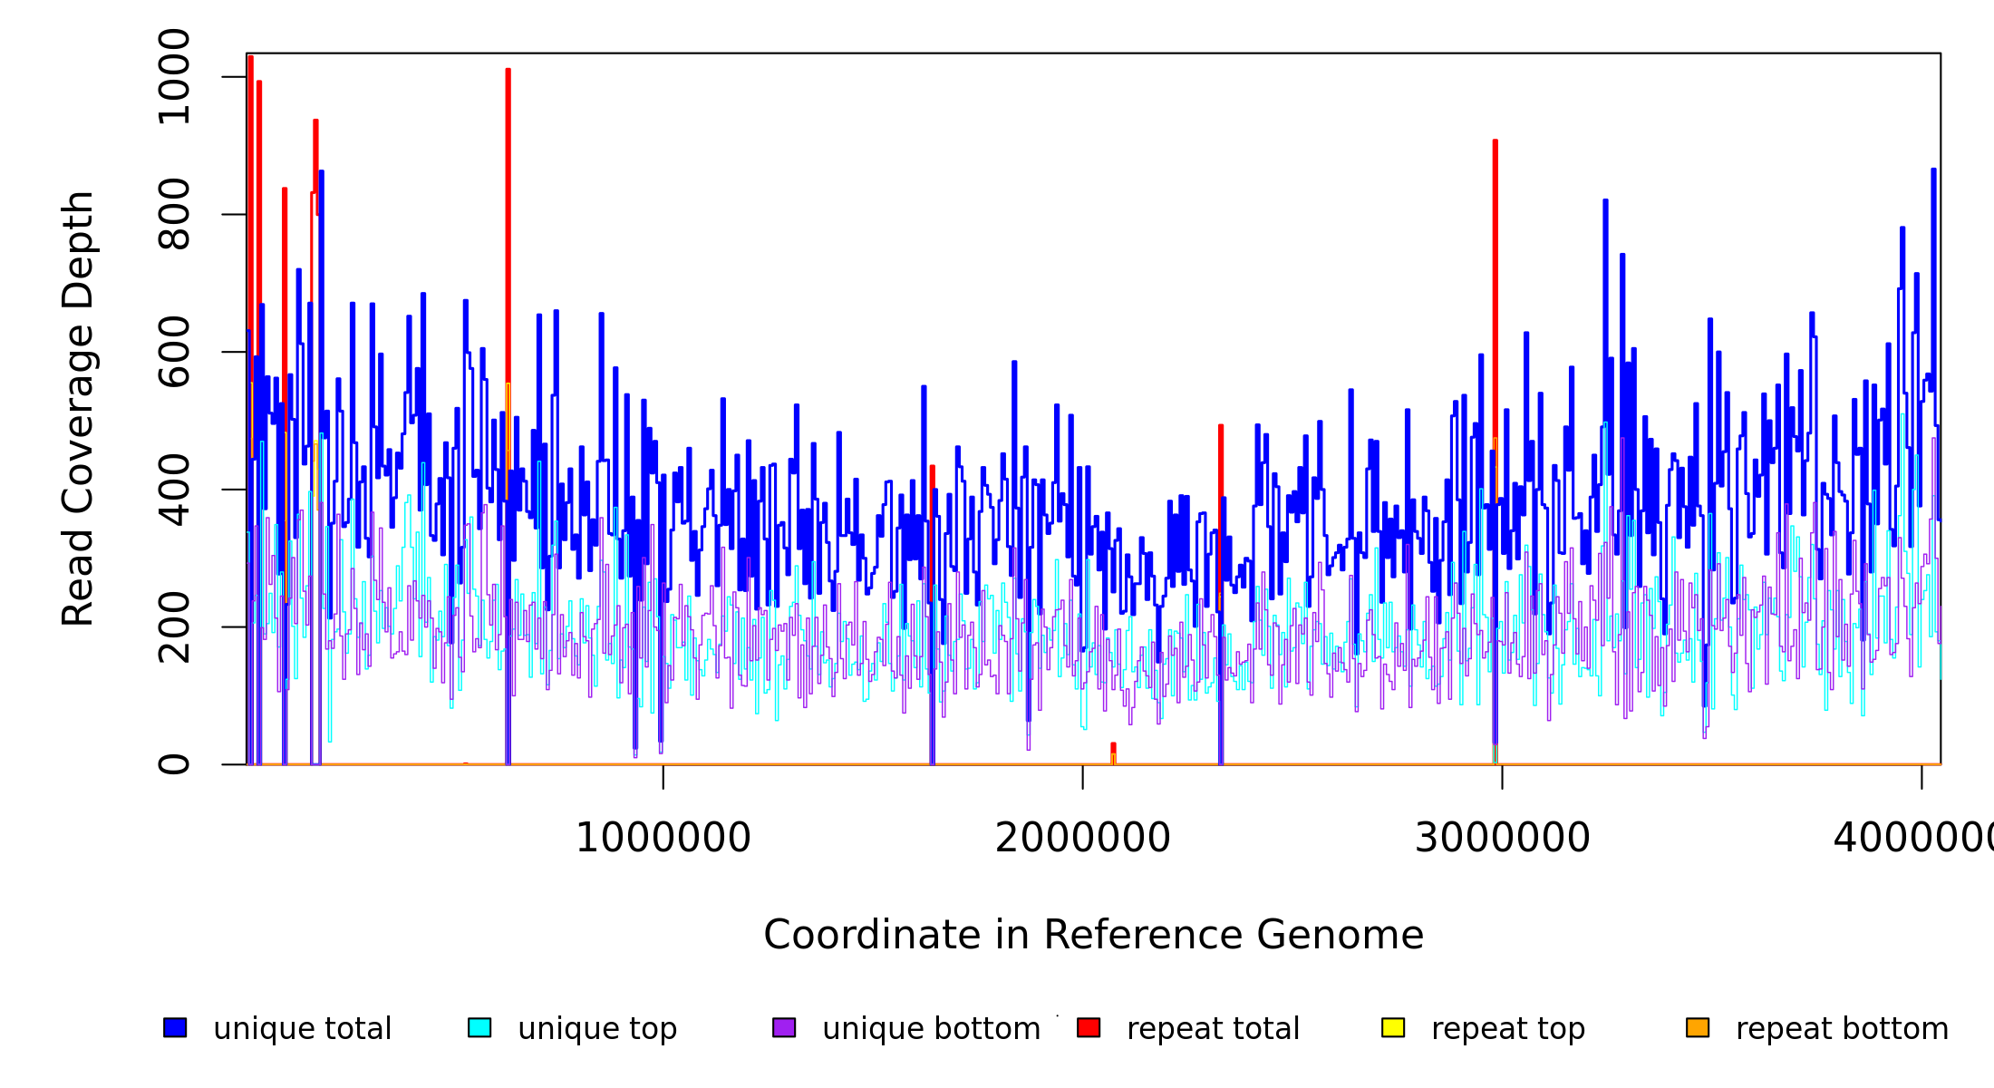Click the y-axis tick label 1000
(173, 77)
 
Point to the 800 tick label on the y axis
(173, 215)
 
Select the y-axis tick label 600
(173, 352)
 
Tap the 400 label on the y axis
(173, 490)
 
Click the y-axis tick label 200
(173, 627)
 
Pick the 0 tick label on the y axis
(173, 764)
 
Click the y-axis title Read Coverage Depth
(78, 409)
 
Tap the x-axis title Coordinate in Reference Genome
(1093, 936)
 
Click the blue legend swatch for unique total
(175, 1027)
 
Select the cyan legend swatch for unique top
(479, 1027)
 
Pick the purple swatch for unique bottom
(784, 1027)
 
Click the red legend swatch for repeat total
(1089, 1027)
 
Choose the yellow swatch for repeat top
(1393, 1027)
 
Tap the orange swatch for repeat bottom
(1698, 1027)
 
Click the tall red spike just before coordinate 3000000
(1495, 272)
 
